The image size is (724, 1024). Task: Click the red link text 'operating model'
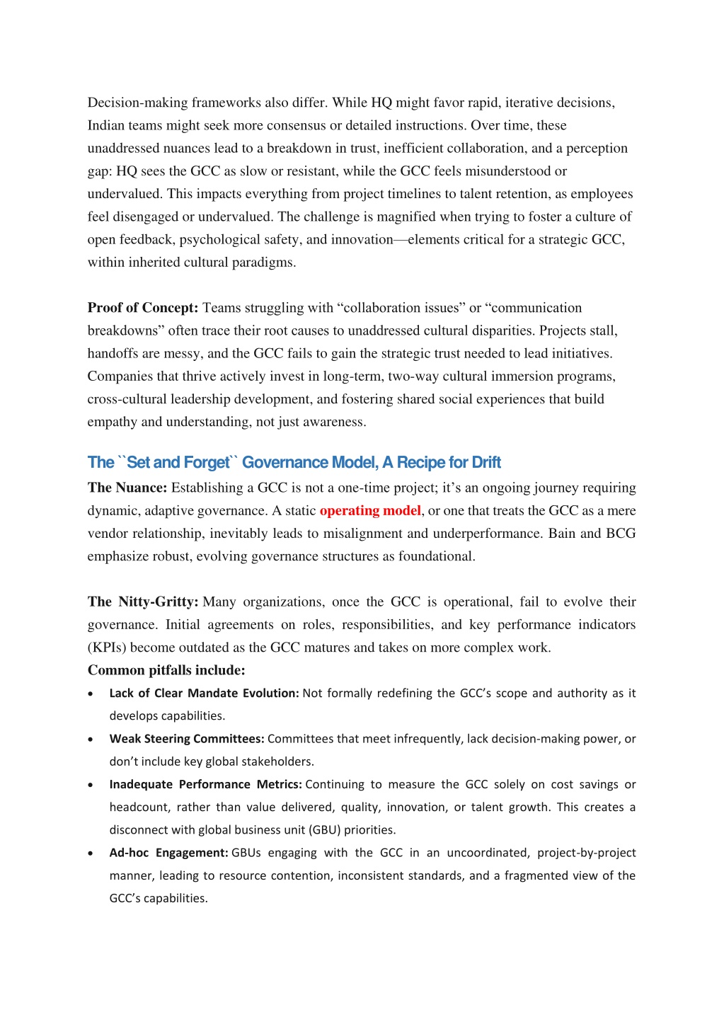point(370,511)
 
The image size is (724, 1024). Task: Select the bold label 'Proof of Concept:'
point(142,308)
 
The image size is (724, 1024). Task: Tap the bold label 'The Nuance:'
point(127,488)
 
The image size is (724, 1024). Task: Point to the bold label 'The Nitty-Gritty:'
point(143,602)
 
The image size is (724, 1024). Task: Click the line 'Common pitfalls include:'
point(166,670)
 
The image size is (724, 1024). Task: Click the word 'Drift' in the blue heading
point(486,463)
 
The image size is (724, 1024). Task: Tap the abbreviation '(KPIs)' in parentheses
point(107,648)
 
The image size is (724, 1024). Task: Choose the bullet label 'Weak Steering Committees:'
point(187,739)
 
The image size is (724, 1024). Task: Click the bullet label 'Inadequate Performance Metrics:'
point(205,784)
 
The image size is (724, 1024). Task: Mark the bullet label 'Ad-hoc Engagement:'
point(168,853)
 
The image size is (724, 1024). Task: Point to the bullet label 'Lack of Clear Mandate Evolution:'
point(204,694)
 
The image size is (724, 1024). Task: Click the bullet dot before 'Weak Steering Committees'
point(91,740)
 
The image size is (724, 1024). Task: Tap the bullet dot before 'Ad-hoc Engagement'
point(91,853)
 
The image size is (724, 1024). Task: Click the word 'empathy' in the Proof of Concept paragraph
point(113,422)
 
